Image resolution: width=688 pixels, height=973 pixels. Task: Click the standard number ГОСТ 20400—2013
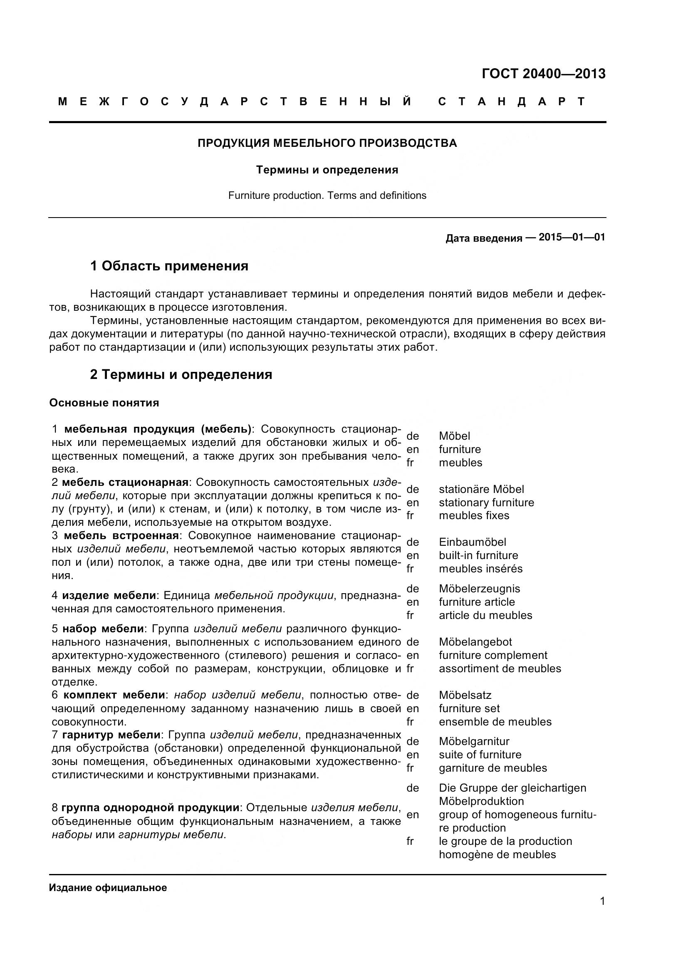point(544,74)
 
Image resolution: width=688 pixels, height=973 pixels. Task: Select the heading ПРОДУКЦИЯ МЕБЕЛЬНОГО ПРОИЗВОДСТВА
point(327,143)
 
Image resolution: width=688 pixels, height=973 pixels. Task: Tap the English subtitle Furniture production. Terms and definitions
point(327,196)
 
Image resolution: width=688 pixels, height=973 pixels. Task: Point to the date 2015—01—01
point(572,237)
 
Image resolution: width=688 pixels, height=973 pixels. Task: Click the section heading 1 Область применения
point(169,266)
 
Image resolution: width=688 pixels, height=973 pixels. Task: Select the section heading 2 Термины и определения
point(181,375)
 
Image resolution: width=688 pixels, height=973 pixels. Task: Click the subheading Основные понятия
point(104,403)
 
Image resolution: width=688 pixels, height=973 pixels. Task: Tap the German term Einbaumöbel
point(473,542)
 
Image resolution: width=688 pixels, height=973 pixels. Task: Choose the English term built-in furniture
point(478,555)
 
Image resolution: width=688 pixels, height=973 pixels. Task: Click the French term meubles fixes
point(474,515)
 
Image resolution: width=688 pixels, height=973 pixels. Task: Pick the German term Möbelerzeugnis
point(479,589)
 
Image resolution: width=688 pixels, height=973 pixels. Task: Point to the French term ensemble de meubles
point(495,722)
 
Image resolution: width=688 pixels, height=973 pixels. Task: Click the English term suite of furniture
point(480,754)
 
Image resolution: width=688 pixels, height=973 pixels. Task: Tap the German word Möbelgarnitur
point(474,741)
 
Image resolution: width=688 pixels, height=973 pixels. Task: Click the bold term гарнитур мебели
point(111,734)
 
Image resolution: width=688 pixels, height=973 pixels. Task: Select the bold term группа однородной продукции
point(151,808)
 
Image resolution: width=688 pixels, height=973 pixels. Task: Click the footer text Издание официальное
point(108,888)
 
